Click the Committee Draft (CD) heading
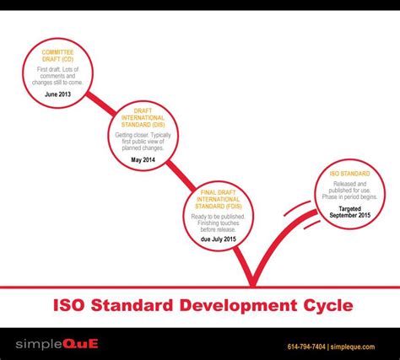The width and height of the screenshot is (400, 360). pyautogui.click(x=57, y=56)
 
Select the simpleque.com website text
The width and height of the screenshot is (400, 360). pyautogui.click(x=365, y=345)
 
